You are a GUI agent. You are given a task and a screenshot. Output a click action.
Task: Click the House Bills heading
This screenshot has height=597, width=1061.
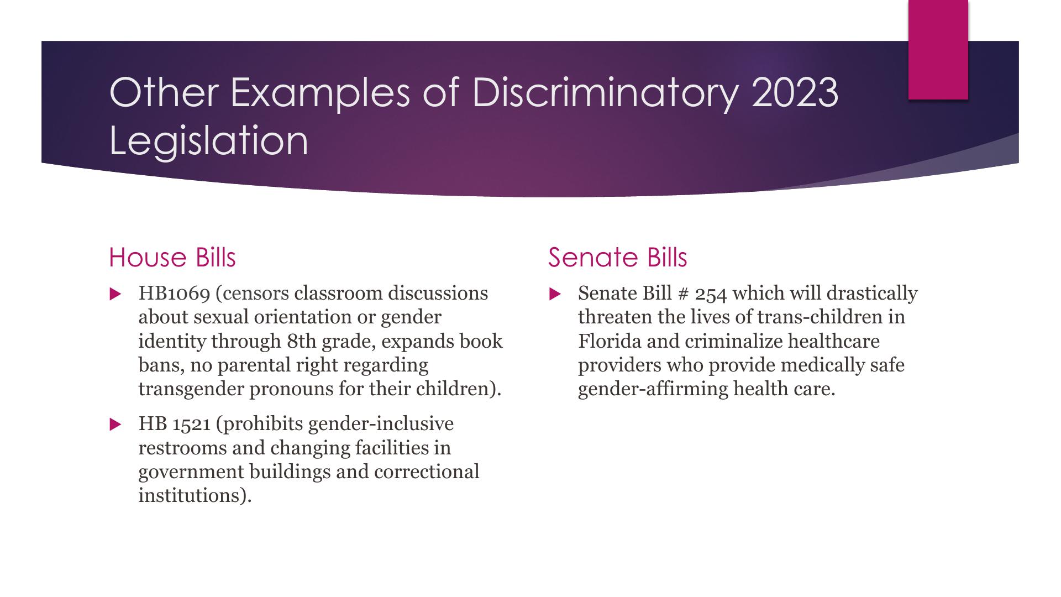172,258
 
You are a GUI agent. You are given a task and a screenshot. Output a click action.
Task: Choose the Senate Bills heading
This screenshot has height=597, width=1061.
617,258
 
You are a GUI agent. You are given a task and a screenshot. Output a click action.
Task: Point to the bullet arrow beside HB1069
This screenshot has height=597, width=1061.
115,294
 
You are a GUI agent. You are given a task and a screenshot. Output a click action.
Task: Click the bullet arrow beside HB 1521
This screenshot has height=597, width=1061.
115,425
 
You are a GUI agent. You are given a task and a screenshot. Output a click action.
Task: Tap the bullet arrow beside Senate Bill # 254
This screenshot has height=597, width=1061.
555,294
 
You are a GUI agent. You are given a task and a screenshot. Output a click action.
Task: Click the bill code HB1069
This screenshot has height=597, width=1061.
174,293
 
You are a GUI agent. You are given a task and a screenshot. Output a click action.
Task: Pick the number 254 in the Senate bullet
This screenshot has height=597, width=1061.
711,294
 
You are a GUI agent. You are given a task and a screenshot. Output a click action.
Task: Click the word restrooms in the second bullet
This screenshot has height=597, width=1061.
183,448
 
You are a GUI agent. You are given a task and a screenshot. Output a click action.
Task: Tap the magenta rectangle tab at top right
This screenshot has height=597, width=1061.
938,50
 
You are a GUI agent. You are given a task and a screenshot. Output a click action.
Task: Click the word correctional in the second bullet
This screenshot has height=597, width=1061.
427,472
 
